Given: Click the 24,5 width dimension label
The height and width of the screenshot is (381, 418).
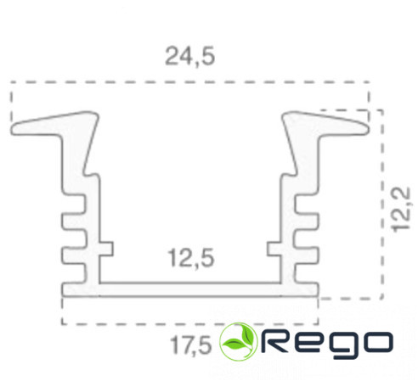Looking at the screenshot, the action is (190, 57).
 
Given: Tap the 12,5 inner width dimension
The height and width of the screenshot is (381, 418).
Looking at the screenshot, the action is (191, 258).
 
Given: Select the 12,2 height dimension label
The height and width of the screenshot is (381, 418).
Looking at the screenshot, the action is (400, 210).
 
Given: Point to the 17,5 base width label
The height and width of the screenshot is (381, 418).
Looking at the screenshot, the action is (191, 345).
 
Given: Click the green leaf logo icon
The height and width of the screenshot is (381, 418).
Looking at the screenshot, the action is (239, 341).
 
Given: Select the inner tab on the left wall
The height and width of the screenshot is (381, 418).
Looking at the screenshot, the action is (106, 249).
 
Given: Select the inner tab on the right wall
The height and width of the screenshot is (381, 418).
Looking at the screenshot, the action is (274, 249).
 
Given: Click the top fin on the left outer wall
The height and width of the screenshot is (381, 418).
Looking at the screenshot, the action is (73, 204).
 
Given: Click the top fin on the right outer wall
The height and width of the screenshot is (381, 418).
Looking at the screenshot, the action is (307, 204).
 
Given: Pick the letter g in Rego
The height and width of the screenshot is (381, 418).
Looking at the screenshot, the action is (342, 345).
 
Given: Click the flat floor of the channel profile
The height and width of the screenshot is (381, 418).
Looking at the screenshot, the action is (190, 289).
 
